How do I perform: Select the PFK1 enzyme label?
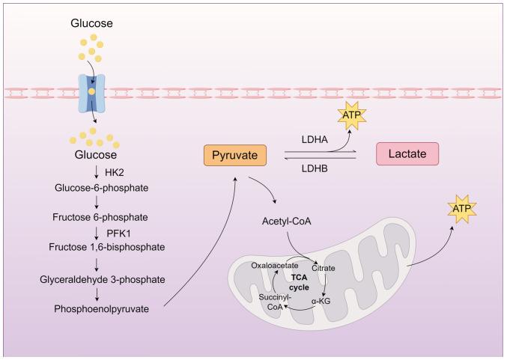[118, 232]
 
